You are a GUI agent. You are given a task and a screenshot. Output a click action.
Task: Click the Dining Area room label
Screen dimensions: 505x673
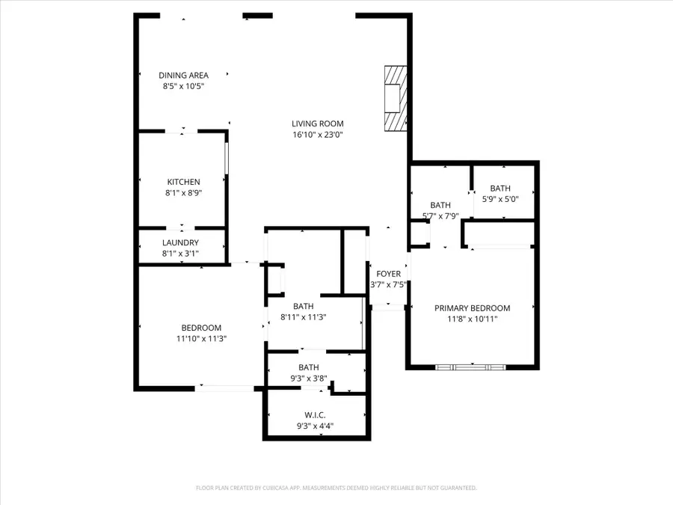click(183, 75)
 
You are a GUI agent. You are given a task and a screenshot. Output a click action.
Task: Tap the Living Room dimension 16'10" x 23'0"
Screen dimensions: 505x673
click(317, 135)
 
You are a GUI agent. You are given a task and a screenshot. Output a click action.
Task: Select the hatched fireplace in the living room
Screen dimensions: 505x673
click(395, 98)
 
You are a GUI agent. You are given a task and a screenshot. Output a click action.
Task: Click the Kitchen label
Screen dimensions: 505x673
click(183, 182)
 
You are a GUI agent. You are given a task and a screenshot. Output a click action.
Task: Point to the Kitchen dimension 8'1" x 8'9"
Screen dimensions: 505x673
click(183, 193)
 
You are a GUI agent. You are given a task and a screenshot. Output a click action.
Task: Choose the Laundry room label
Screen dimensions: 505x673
click(180, 242)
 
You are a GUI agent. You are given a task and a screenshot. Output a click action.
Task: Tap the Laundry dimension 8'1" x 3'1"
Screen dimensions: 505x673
click(180, 254)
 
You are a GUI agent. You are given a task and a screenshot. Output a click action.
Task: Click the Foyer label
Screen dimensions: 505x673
click(388, 274)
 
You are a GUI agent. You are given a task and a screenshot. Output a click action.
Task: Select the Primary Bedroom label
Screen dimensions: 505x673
click(472, 307)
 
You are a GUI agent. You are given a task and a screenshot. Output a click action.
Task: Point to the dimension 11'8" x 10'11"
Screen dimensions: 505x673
click(472, 319)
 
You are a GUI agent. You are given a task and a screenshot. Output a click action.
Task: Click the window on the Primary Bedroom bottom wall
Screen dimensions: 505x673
click(470, 367)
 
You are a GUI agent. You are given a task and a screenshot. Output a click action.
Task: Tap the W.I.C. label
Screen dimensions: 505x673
click(315, 415)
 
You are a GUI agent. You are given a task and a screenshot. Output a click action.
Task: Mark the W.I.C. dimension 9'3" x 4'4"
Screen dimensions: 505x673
click(315, 426)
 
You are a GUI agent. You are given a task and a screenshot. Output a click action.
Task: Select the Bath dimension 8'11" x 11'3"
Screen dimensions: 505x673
click(303, 317)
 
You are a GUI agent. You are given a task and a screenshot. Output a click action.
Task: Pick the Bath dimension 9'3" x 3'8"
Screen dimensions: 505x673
click(309, 379)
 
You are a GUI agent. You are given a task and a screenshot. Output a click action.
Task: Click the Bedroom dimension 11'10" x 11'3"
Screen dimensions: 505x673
click(201, 339)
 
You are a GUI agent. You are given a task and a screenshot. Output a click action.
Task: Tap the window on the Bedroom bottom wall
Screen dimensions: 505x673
click(224, 388)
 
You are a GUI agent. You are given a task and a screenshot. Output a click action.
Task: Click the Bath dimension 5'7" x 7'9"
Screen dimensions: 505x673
click(440, 216)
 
